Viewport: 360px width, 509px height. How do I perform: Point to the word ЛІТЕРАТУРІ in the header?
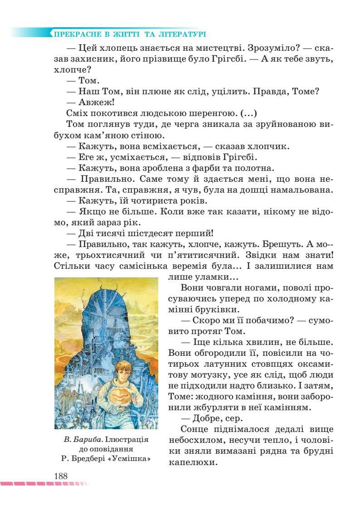(x=180, y=34)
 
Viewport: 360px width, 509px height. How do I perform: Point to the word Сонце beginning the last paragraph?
(x=195, y=429)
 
